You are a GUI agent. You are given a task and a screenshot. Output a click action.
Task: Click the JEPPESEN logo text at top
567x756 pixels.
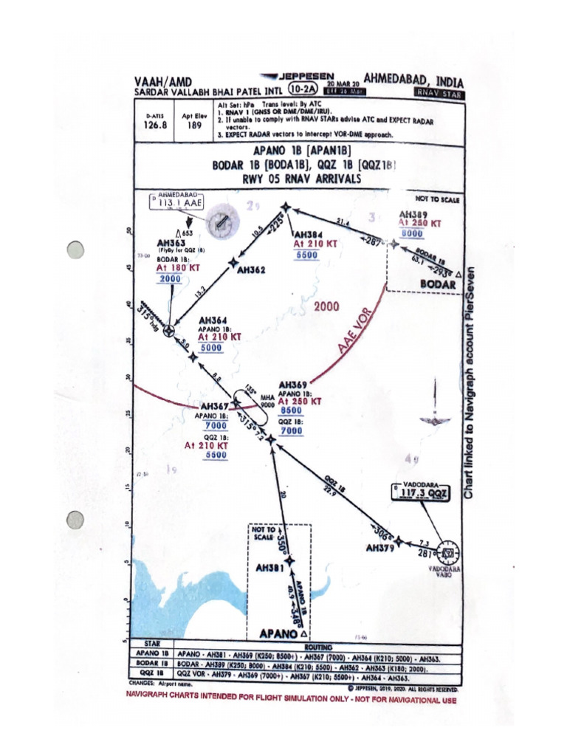[x=303, y=76]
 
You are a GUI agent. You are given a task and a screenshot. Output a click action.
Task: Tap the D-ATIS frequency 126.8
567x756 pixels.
[x=156, y=126]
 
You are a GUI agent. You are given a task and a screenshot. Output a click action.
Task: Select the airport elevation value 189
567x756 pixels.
[x=194, y=126]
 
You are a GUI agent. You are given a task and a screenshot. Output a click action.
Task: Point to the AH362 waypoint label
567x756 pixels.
[x=251, y=270]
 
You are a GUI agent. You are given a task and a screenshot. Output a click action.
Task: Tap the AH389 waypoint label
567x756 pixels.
[x=413, y=213]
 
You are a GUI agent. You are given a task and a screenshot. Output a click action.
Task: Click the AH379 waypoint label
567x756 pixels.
[x=382, y=549]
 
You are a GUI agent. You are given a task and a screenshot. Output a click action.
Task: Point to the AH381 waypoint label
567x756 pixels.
[x=270, y=569]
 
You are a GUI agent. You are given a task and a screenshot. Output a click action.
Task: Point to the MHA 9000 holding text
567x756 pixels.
[x=267, y=402]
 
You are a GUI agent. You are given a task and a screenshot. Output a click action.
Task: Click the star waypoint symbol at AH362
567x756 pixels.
[x=234, y=261]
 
